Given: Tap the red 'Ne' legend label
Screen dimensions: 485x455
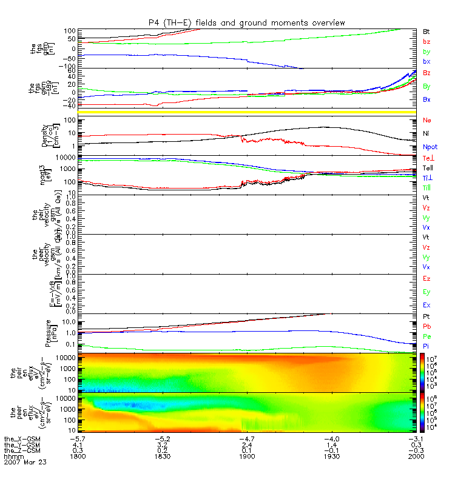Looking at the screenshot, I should (426, 120).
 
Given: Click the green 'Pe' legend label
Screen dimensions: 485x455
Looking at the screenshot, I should (426, 336).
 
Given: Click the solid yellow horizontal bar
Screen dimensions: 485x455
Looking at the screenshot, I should (246, 113).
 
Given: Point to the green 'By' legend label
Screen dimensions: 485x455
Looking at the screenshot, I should (426, 86).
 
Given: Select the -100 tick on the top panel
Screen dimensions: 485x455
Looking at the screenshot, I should (67, 66).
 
